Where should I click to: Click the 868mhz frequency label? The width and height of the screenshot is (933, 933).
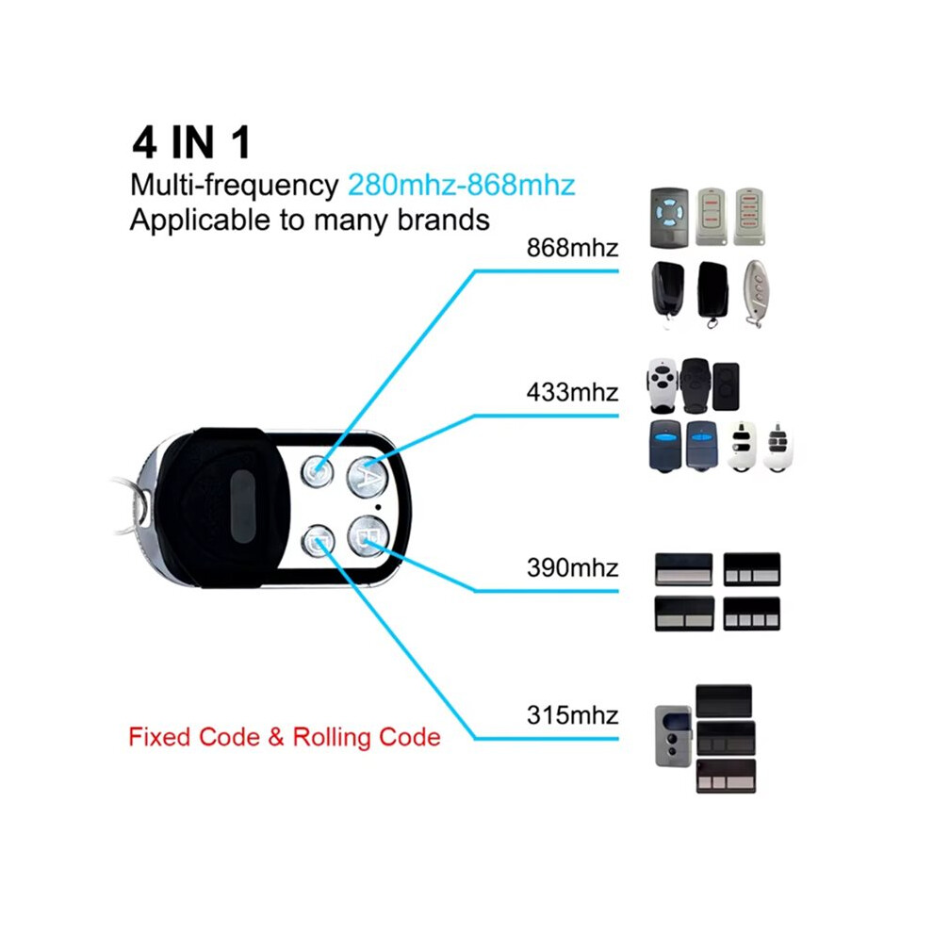tap(572, 248)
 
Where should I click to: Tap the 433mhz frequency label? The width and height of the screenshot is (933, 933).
tap(572, 392)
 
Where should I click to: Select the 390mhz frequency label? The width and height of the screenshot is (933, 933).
tap(572, 567)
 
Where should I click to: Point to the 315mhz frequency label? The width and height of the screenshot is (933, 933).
tap(572, 715)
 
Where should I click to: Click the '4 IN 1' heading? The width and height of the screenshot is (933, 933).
tap(191, 143)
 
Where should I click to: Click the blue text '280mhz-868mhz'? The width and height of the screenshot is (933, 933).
tap(461, 185)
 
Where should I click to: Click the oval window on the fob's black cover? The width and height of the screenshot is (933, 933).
tap(242, 506)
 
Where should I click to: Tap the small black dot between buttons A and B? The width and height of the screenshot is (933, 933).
tap(379, 507)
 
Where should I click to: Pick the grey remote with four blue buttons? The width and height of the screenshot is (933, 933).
tap(669, 218)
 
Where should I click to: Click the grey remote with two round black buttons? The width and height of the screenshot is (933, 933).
tap(673, 736)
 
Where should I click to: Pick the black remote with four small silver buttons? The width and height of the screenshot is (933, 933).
tap(751, 614)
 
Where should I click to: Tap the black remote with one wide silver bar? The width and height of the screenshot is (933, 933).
tap(683, 569)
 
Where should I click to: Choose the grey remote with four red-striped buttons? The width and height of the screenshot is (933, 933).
tap(749, 217)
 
